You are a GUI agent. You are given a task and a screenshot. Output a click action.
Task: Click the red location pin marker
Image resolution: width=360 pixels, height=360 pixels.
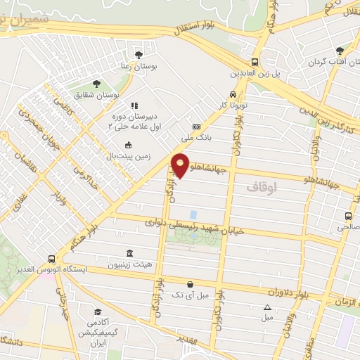pyautogui.click(x=181, y=165)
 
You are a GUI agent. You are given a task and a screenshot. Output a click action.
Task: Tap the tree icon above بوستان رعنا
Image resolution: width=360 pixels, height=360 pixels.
pyautogui.click(x=139, y=53)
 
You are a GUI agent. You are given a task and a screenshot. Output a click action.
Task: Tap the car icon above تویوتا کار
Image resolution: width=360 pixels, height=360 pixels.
pyautogui.click(x=233, y=95)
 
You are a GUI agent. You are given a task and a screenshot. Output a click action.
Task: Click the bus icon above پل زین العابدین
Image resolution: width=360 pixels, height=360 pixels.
pyautogui.click(x=255, y=61)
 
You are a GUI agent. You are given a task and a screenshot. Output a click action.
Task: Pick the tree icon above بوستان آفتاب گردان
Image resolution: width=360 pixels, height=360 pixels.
pyautogui.click(x=340, y=51)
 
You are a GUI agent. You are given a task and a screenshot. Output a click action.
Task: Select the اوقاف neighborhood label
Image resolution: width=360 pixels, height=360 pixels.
pyautogui.click(x=264, y=188)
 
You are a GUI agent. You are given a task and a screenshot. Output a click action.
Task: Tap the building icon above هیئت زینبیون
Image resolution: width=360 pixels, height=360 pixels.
pyautogui.click(x=127, y=253)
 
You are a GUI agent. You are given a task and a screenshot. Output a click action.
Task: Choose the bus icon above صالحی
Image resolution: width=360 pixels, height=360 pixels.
pyautogui.click(x=348, y=216)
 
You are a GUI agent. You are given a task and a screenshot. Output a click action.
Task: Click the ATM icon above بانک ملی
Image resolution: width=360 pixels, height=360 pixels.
pyautogui.click(x=196, y=127)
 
